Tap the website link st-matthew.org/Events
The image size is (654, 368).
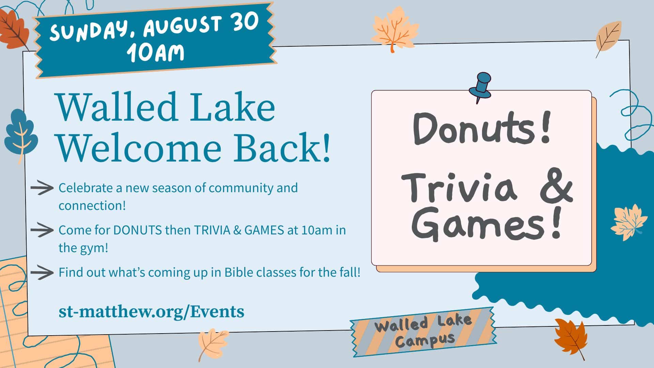click(151, 311)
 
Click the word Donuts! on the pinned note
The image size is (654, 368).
click(482, 130)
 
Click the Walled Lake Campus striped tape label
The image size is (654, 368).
click(423, 332)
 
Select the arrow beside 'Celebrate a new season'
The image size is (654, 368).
click(42, 188)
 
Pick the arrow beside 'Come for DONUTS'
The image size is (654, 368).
click(42, 230)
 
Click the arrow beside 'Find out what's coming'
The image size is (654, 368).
click(42, 273)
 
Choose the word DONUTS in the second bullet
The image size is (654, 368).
click(138, 230)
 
